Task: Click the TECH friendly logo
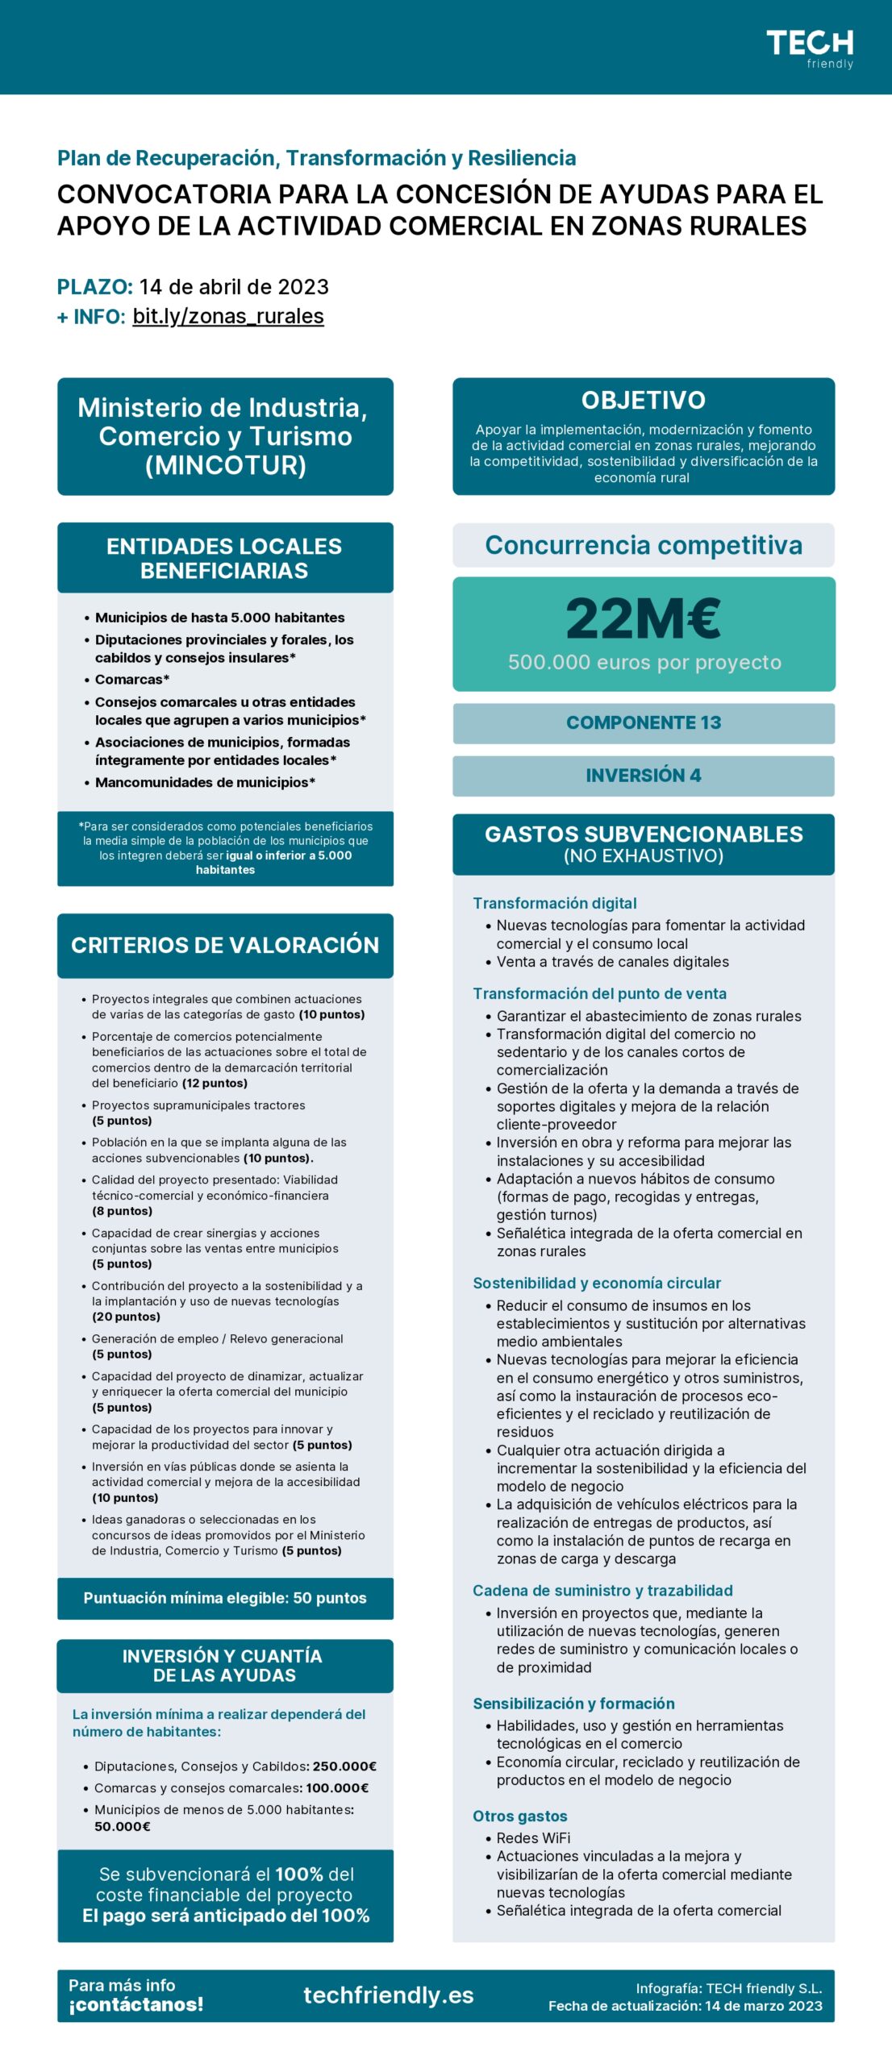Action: pyautogui.click(x=809, y=48)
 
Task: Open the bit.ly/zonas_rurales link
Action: pyautogui.click(x=228, y=316)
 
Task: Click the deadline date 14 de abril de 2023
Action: pyautogui.click(x=234, y=287)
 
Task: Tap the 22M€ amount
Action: pyautogui.click(x=643, y=618)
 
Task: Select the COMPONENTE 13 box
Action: pyautogui.click(x=643, y=722)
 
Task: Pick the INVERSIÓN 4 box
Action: pyautogui.click(x=643, y=776)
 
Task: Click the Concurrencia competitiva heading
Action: pyautogui.click(x=643, y=546)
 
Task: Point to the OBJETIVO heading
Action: pyautogui.click(x=643, y=401)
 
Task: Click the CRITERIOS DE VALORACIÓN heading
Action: pyautogui.click(x=225, y=945)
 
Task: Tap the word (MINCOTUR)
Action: pyautogui.click(x=225, y=465)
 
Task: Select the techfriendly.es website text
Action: pyautogui.click(x=388, y=1995)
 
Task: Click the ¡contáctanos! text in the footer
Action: pyautogui.click(x=135, y=2004)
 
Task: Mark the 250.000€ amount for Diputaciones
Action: pyautogui.click(x=344, y=1766)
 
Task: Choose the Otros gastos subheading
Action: pyautogui.click(x=520, y=1816)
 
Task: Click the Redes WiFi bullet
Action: pyautogui.click(x=533, y=1837)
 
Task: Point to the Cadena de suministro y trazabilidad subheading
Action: pyautogui.click(x=602, y=1590)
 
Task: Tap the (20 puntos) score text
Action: pyautogui.click(x=126, y=1317)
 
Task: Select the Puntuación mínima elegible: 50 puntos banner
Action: pyautogui.click(x=225, y=1598)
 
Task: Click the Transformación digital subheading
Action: pyautogui.click(x=555, y=903)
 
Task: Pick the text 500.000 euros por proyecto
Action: pyautogui.click(x=644, y=663)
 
